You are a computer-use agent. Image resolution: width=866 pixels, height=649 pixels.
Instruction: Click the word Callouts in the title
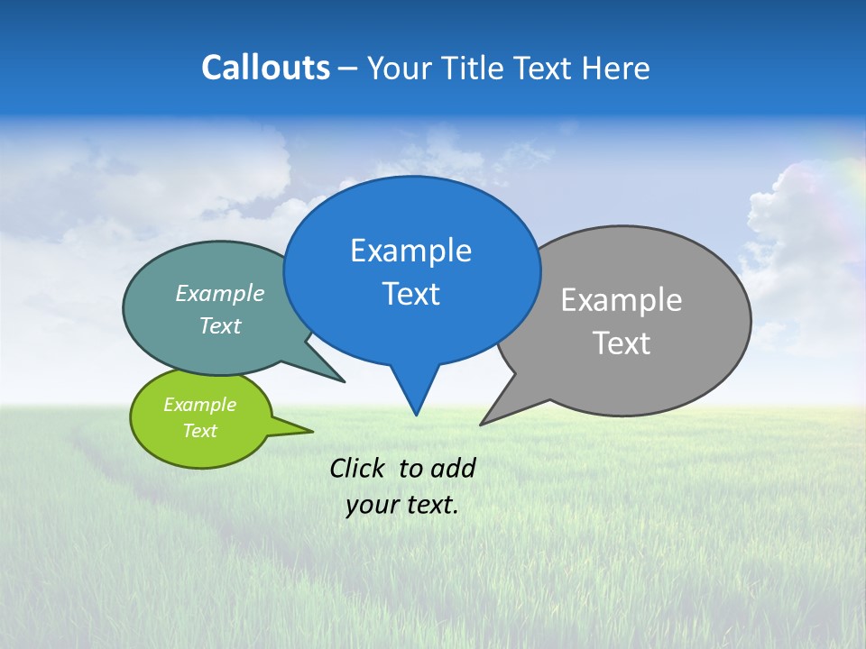[x=265, y=68]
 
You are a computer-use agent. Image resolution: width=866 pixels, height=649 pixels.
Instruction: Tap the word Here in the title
[x=617, y=68]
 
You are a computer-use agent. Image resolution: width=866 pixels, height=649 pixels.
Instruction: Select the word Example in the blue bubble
[x=410, y=251]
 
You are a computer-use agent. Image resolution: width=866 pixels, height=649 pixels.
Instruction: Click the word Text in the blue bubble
[x=410, y=294]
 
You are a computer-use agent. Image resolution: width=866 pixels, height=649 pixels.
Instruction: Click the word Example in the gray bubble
[x=622, y=300]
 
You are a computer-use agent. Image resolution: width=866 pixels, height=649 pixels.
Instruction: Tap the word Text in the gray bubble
[x=622, y=343]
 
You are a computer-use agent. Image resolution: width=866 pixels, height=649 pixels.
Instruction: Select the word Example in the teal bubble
[x=220, y=293]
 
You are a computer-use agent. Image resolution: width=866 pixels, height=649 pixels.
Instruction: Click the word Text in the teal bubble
[x=220, y=325]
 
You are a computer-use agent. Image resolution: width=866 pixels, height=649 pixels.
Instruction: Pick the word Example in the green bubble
[x=199, y=405]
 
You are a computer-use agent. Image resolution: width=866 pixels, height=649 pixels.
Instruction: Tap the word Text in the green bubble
[x=199, y=431]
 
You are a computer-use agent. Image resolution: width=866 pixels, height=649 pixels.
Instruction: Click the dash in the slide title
[x=349, y=69]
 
